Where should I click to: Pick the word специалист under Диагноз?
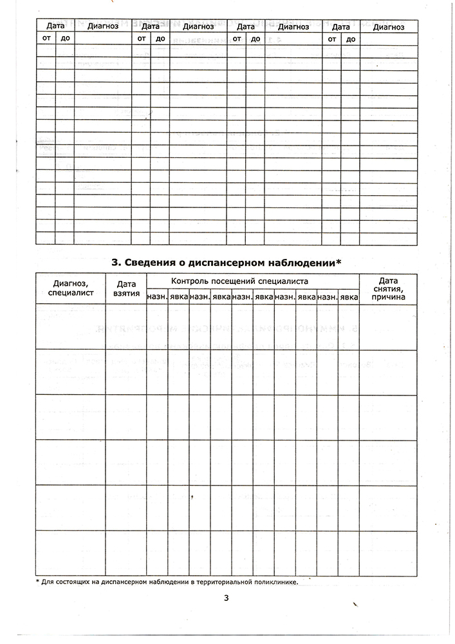[71, 292]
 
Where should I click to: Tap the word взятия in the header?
[126, 292]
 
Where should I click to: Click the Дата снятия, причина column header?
[388, 289]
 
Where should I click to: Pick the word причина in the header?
[388, 298]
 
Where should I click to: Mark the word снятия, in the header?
[388, 289]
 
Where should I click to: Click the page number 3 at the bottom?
[227, 598]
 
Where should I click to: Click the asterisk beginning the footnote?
[37, 581]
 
